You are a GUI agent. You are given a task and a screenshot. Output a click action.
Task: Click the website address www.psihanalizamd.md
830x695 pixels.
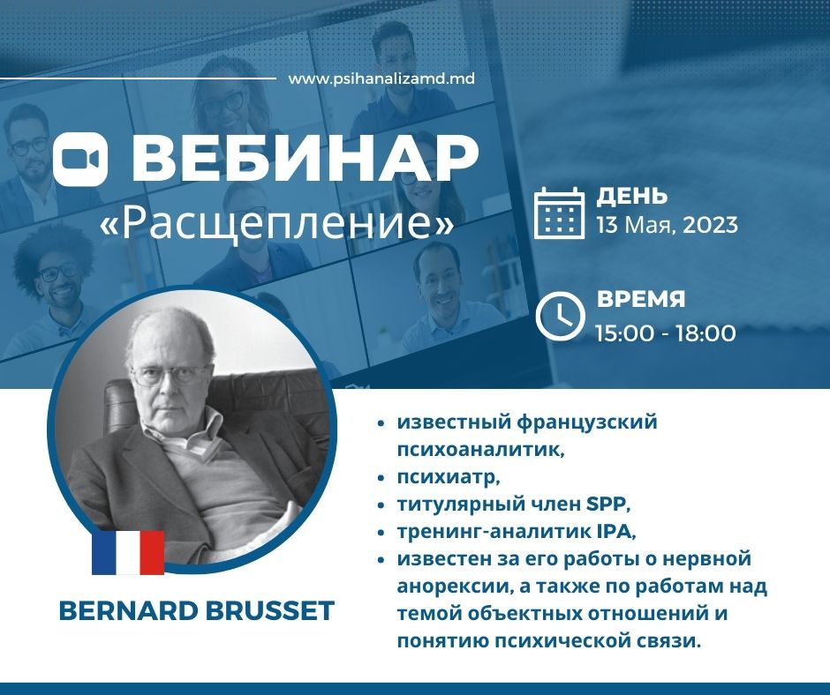[x=381, y=78]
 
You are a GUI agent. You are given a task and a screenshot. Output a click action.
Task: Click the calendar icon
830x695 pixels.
[x=560, y=213]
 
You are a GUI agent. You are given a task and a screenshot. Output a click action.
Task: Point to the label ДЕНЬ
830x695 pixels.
[x=632, y=196]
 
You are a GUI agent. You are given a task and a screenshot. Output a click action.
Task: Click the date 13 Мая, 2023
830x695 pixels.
[x=667, y=225]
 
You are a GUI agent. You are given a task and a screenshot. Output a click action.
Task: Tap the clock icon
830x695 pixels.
[x=560, y=315]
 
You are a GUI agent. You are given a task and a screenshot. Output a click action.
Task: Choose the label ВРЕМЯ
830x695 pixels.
[x=641, y=299]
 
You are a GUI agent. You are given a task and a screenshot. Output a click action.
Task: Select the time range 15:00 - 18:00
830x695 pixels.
[x=665, y=333]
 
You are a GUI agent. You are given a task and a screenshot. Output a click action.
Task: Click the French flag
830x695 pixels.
[x=128, y=552]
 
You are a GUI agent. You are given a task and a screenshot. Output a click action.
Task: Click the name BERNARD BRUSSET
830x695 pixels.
[x=197, y=611]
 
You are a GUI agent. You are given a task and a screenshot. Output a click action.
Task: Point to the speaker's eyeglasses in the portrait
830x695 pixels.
[x=170, y=374]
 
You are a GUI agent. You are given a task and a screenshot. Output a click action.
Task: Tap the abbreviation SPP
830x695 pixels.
[x=606, y=504]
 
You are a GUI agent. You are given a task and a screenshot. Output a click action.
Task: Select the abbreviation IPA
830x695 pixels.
[x=615, y=532]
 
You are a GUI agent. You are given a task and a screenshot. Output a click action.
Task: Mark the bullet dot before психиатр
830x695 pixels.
[x=380, y=478]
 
